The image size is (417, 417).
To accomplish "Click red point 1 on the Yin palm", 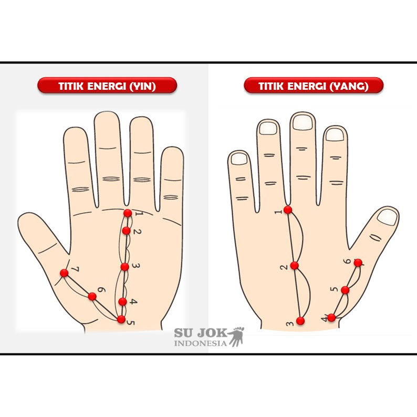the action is click(128, 213).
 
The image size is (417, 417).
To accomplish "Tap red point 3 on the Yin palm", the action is click(124, 267).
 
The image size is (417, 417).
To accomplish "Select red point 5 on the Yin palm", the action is click(121, 319).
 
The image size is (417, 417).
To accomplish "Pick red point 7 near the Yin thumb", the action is click(64, 273).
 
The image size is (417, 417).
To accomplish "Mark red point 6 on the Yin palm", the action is click(92, 296).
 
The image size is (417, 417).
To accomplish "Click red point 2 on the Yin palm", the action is click(127, 231).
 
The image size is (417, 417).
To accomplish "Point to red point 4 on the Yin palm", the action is click(122, 301).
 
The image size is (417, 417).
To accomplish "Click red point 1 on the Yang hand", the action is click(288, 210).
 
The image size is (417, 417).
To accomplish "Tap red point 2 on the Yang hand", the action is click(295, 265).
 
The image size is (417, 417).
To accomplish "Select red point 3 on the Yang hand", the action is click(300, 321).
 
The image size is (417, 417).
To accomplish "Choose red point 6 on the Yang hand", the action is click(358, 263).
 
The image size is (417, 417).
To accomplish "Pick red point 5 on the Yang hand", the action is click(345, 290).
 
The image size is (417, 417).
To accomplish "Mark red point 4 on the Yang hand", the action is click(331, 318).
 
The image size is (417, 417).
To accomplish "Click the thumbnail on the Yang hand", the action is click(387, 217).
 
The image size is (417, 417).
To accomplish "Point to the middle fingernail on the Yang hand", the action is click(303, 122).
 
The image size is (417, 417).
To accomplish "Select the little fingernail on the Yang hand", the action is click(239, 159).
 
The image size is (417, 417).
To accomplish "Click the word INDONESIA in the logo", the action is click(201, 343).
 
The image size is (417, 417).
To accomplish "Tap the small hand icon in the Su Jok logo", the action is click(237, 337).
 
